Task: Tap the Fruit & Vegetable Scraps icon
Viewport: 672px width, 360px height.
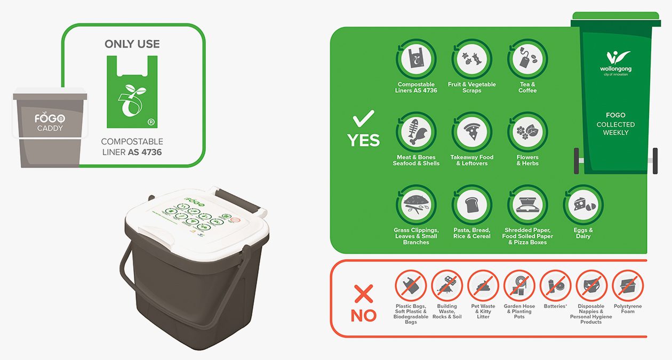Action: pos(471,59)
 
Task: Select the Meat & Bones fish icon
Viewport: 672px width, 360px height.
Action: pos(416,132)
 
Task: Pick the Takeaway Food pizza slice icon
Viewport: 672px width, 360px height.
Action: pos(471,132)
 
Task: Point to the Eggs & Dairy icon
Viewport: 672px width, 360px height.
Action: pos(583,205)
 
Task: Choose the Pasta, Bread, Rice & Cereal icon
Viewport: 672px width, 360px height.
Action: pos(471,205)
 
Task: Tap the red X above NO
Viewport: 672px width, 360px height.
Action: pos(364,293)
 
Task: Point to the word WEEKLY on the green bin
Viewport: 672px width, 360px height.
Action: pos(615,133)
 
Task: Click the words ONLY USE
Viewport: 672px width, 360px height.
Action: pos(132,44)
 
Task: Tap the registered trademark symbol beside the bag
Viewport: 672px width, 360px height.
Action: pos(151,122)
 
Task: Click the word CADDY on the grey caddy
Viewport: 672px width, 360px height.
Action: pos(50,129)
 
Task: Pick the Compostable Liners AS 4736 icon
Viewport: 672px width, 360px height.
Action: pos(416,59)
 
